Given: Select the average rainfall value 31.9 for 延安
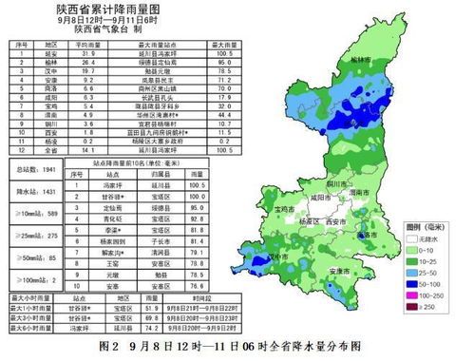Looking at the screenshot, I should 89,54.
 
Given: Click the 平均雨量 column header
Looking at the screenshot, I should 89,45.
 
